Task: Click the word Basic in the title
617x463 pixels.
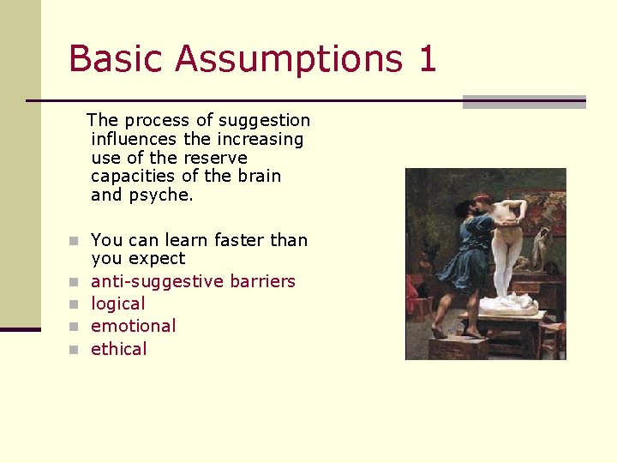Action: click(x=114, y=59)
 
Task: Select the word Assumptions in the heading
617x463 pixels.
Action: click(x=286, y=59)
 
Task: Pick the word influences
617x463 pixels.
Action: click(x=134, y=139)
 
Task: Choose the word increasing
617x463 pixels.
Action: click(x=261, y=139)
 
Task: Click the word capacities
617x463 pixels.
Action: click(x=133, y=177)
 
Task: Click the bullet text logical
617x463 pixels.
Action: click(x=117, y=304)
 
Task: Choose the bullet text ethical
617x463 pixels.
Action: click(x=118, y=349)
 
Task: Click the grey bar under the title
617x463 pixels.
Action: click(x=524, y=102)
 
